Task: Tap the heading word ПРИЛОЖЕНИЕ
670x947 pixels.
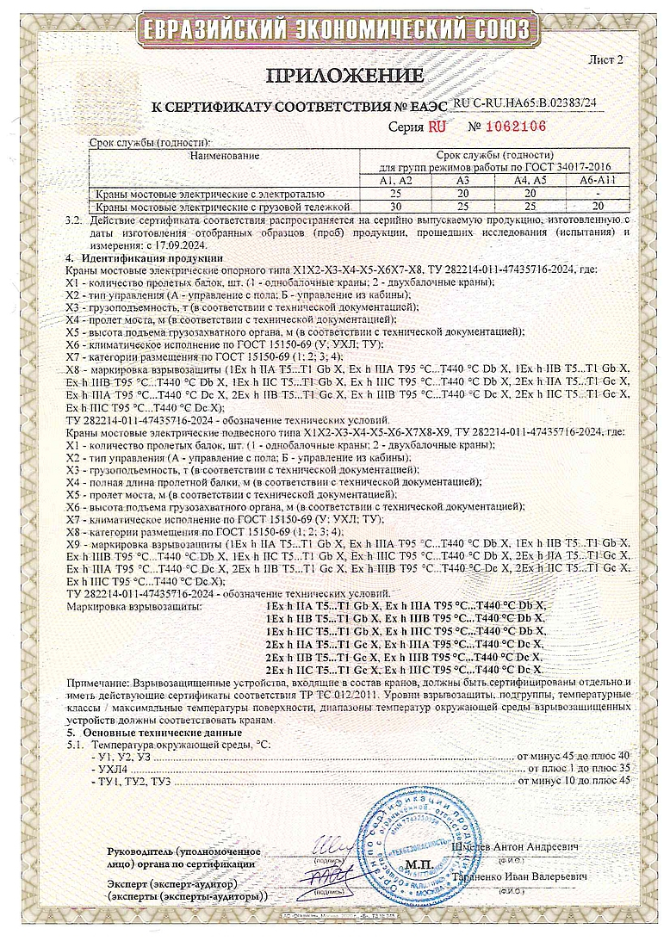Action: click(x=344, y=76)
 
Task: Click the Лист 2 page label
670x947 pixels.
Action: click(x=605, y=59)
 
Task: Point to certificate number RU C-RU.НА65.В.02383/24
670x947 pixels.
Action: click(x=524, y=102)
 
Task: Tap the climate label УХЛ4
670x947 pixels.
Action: click(x=109, y=767)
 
